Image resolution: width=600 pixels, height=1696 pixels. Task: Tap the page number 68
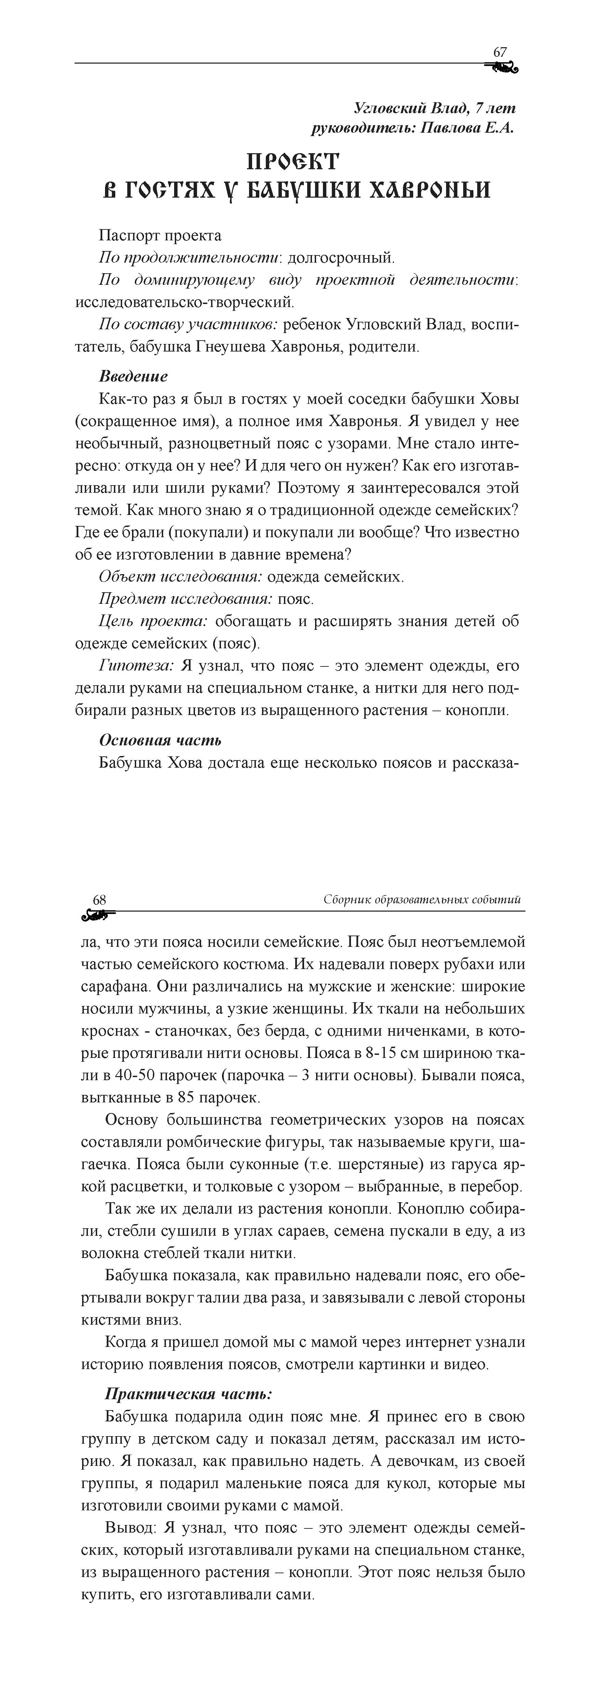[x=100, y=899]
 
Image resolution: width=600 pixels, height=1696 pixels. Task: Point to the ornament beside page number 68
[x=97, y=914]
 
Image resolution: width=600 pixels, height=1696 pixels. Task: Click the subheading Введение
[x=133, y=376]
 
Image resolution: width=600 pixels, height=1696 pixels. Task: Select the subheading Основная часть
[x=160, y=740]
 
